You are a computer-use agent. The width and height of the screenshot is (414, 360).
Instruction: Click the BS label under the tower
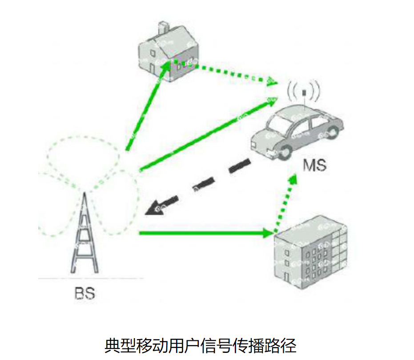pos(84,294)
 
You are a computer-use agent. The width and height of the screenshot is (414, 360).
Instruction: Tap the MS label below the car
pos(314,165)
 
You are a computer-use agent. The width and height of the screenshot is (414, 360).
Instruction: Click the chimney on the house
pos(164,28)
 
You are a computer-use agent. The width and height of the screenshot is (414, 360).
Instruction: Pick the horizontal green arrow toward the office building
pos(205,233)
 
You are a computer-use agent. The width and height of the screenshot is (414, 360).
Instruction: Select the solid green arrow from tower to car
pos(205,136)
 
